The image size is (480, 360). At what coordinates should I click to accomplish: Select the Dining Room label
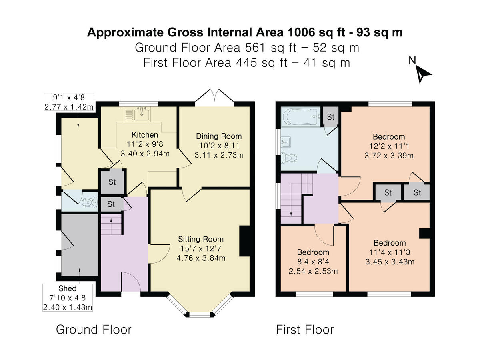(x=218, y=136)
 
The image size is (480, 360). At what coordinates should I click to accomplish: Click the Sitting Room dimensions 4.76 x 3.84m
(x=201, y=258)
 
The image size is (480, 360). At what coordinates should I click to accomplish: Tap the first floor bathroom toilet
(x=288, y=158)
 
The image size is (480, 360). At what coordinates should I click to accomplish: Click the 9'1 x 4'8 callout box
(x=69, y=102)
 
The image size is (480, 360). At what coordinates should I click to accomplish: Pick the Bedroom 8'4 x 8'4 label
(x=313, y=252)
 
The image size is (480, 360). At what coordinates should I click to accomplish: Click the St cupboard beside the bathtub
(x=330, y=117)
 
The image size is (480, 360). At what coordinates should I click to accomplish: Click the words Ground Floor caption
(x=94, y=330)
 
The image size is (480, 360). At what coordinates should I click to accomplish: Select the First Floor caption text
(x=304, y=330)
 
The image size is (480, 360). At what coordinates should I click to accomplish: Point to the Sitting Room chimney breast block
(x=244, y=241)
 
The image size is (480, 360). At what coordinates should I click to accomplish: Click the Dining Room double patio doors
(x=215, y=98)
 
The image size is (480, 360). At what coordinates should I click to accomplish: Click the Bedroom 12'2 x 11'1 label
(x=388, y=136)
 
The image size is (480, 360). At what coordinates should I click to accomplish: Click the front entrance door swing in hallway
(x=131, y=282)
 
